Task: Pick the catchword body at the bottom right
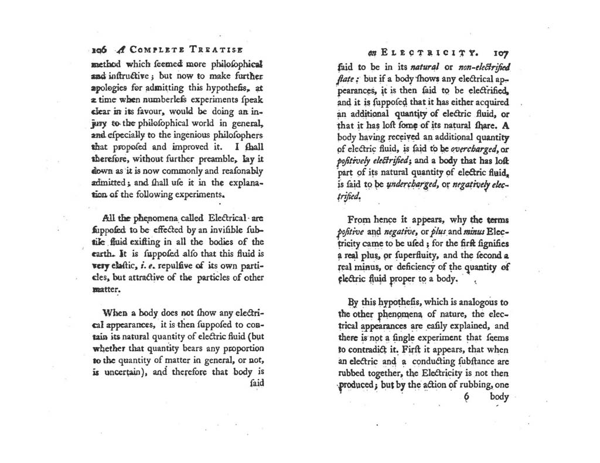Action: click(499, 396)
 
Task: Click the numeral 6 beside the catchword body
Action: click(466, 397)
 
